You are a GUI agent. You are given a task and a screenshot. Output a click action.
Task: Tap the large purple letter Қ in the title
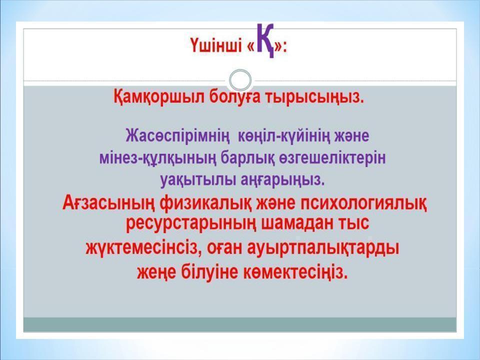(266, 41)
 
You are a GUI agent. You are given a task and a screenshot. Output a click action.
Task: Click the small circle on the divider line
(240, 80)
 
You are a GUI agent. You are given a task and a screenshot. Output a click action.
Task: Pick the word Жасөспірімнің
(177, 135)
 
